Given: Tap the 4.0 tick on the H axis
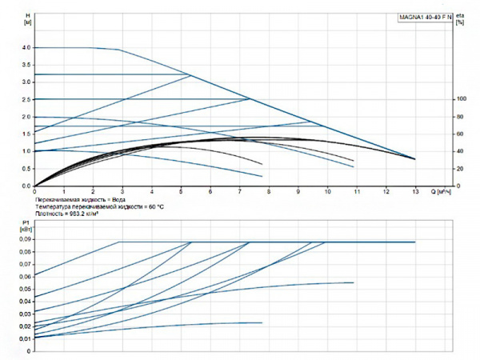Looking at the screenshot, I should [26, 48].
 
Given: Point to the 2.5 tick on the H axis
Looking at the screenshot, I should [26, 100].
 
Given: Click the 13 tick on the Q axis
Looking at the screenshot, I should [415, 192].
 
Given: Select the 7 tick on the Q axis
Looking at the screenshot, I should [239, 192].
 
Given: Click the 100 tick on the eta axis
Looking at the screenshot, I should [460, 99].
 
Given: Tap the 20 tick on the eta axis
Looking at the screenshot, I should [460, 169].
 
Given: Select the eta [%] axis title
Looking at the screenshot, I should [459, 19].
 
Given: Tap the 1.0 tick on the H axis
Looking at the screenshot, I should [26, 151].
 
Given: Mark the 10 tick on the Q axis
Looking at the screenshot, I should [327, 192].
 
